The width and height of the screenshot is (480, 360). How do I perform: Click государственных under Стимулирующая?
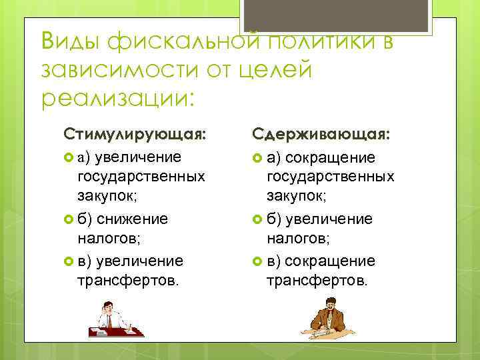tap(141, 177)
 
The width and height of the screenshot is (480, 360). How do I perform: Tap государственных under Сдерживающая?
tap(330, 177)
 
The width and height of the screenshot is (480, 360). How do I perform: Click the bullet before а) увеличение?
tap(69, 157)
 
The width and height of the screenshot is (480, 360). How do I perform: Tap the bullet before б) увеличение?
tap(257, 219)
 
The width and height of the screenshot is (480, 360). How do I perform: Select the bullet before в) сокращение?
tap(257, 261)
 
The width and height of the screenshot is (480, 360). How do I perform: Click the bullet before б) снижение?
tap(69, 219)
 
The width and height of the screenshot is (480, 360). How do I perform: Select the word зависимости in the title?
tap(107, 69)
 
